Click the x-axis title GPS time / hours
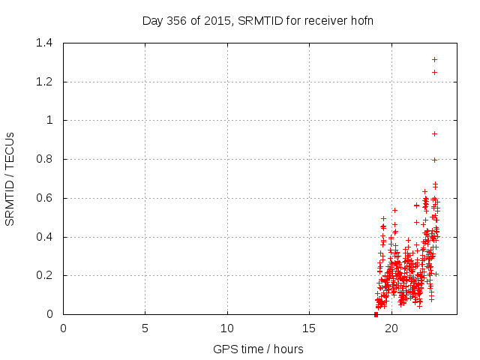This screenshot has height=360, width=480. tap(258, 349)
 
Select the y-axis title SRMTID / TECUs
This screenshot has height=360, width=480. tap(10, 178)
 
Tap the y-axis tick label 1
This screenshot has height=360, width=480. tap(49, 120)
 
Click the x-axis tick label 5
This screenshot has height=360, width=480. tap(145, 328)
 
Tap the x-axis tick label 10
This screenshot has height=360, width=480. tap(227, 328)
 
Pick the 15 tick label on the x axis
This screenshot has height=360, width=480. tap(309, 328)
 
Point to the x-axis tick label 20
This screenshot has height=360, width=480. tap(391, 328)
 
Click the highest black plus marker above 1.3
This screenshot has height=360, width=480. tap(434, 59)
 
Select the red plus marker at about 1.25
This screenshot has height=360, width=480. tap(434, 72)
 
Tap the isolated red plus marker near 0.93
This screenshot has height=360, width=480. tap(434, 133)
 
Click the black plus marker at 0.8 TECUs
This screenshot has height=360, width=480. tap(434, 160)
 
